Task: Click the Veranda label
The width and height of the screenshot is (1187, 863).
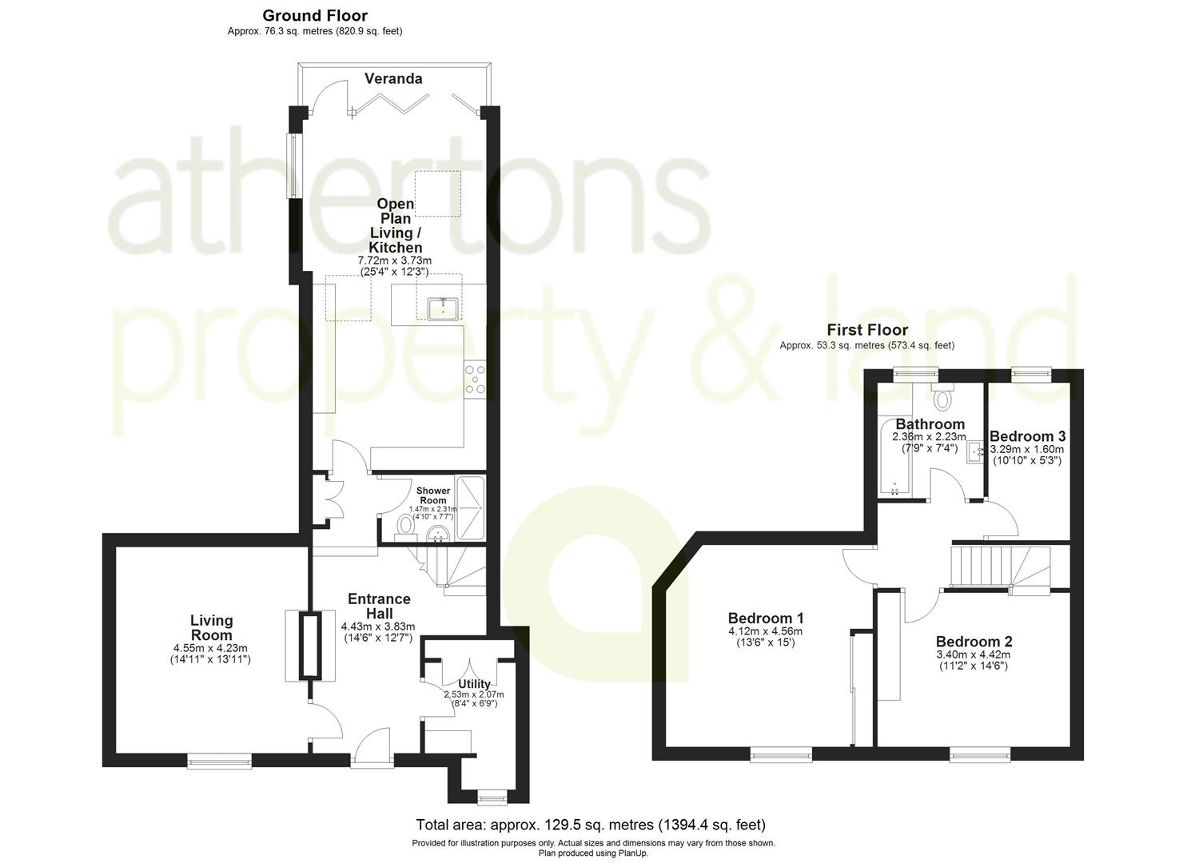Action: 393,79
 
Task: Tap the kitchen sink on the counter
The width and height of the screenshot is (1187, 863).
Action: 443,308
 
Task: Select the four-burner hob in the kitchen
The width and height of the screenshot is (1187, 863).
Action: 475,380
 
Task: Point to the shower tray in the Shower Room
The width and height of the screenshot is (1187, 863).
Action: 470,508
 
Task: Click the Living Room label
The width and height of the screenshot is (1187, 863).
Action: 212,627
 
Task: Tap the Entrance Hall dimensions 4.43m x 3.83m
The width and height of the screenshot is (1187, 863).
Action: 378,627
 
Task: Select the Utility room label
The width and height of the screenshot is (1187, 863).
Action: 474,683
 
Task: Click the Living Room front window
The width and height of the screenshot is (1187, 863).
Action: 219,762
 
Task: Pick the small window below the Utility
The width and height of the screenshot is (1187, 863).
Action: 492,797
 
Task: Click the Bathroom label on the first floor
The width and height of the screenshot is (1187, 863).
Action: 930,424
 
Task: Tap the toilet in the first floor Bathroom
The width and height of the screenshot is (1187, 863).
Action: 942,398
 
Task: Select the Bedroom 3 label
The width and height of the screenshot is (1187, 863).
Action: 1027,436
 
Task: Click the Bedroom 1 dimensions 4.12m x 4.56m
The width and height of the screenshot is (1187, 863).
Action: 765,631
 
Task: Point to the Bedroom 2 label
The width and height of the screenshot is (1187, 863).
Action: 974,642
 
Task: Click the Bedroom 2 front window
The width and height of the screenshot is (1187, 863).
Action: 980,754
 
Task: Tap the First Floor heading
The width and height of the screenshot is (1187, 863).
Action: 867,330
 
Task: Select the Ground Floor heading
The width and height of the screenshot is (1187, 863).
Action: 315,15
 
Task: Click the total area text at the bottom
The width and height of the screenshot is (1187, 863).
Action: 591,825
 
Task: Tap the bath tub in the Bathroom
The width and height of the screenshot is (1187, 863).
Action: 894,457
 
